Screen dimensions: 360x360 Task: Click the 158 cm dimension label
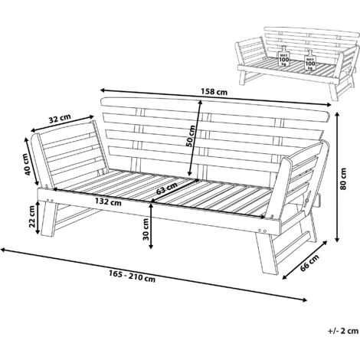[x=214, y=91]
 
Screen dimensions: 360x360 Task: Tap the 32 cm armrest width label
[x=60, y=118]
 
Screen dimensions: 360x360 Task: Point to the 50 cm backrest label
[x=191, y=136]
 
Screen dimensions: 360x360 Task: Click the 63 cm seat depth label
[x=167, y=188]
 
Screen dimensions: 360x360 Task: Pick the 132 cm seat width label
[x=108, y=202]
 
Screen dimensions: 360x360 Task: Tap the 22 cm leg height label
[x=32, y=217]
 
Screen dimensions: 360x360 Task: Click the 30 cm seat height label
[x=146, y=229]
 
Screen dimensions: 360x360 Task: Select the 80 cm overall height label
[x=343, y=178]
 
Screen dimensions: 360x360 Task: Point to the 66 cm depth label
[x=309, y=263]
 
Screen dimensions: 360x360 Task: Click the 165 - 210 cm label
[x=133, y=277]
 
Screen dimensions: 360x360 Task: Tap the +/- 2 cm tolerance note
[x=343, y=331]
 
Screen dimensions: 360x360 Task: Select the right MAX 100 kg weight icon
[x=310, y=60]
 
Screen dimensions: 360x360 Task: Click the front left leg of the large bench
[x=49, y=218]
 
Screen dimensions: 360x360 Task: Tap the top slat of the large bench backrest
[x=215, y=108]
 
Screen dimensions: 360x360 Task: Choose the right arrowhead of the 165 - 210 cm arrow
[x=304, y=299]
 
